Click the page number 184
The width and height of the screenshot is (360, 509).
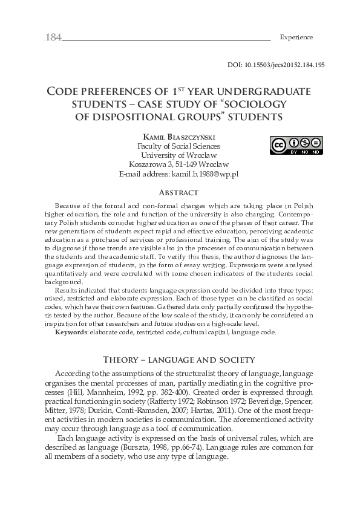(53, 37)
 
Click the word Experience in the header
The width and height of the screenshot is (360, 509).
(296, 37)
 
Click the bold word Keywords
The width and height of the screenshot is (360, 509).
(70, 332)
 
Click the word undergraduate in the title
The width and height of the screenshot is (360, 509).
(260, 91)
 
